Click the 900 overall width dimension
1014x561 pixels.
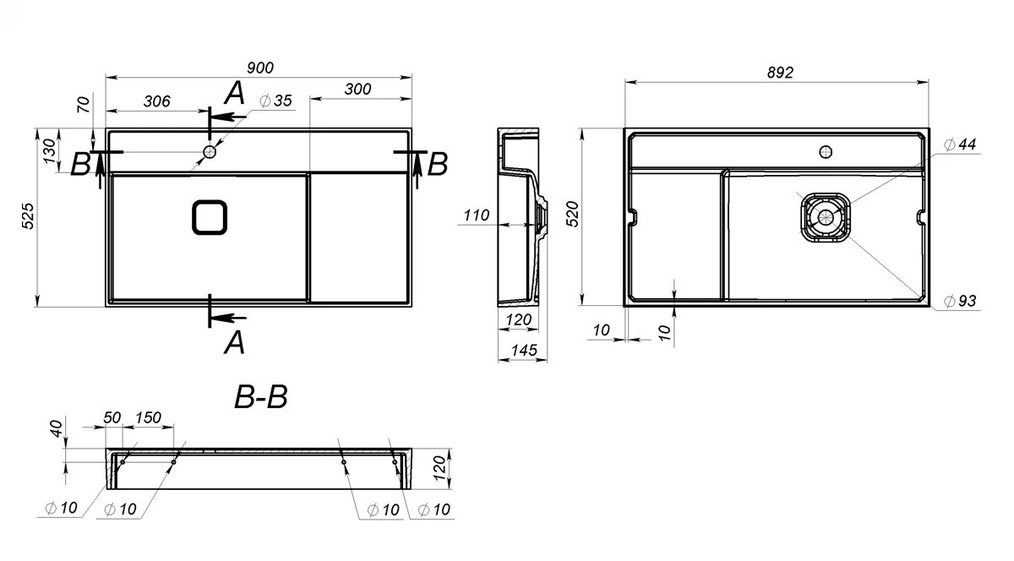point(260,68)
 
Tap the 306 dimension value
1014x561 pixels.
point(157,101)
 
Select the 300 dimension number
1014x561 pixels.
point(357,90)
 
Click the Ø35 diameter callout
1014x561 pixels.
point(275,101)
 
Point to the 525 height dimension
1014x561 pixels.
point(28,216)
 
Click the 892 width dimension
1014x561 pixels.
point(781,73)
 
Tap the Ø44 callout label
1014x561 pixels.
point(960,144)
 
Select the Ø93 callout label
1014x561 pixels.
point(960,301)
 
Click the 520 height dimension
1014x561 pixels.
point(573,214)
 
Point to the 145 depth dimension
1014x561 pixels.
point(524,350)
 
